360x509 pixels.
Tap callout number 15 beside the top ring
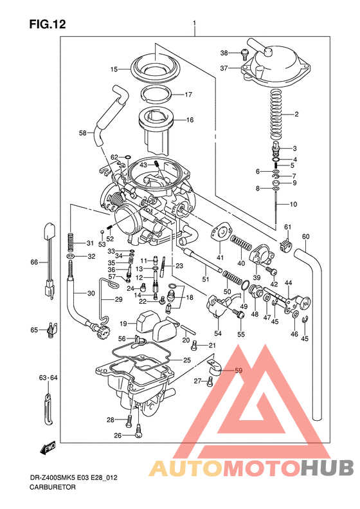tap(114, 69)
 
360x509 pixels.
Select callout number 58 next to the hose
tap(83, 133)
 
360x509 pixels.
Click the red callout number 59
tap(239, 371)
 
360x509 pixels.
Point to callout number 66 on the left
tap(34, 262)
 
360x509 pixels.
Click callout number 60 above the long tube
tap(305, 236)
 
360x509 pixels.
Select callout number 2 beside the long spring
tap(297, 115)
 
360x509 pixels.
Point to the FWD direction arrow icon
tap(48, 447)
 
